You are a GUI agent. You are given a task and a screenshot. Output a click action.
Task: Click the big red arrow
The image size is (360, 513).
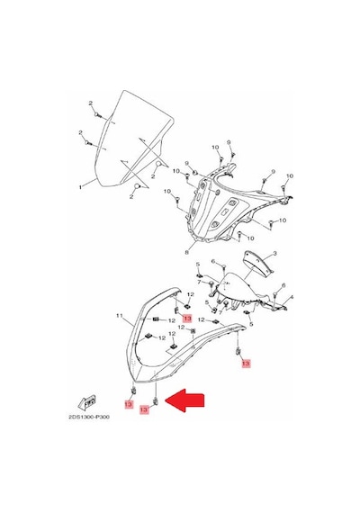pyautogui.click(x=184, y=400)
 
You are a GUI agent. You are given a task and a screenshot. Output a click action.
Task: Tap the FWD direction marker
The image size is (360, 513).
pyautogui.click(x=87, y=403)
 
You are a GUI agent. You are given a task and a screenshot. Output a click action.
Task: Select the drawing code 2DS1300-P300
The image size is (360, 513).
pyautogui.click(x=89, y=417)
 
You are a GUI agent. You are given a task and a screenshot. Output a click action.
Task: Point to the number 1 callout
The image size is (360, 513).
pyautogui.click(x=80, y=187)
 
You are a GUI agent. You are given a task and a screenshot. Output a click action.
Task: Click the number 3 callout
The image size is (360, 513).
pyautogui.click(x=274, y=254)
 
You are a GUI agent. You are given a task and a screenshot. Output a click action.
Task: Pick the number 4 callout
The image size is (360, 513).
pyautogui.click(x=292, y=297)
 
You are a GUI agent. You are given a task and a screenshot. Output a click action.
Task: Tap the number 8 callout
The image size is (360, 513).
pyautogui.click(x=187, y=252)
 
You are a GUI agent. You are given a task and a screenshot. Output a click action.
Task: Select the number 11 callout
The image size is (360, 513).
pyautogui.click(x=120, y=316)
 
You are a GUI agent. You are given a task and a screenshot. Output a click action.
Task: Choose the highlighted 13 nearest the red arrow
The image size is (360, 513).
pyautogui.click(x=144, y=409)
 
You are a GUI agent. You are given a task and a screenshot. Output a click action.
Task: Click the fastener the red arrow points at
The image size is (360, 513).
pyautogui.click(x=156, y=401)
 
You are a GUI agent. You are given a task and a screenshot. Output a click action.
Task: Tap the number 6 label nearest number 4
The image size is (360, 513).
pyautogui.click(x=283, y=285)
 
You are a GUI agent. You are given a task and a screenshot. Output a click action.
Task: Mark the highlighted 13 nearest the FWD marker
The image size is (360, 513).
pyautogui.click(x=129, y=404)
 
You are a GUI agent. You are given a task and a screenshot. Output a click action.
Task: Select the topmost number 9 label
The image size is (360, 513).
pyautogui.click(x=229, y=142)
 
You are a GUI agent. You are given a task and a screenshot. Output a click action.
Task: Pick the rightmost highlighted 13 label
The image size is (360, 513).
pyautogui.click(x=246, y=364)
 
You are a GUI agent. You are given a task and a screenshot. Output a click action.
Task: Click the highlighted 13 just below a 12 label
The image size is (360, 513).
pyautogui.click(x=187, y=318)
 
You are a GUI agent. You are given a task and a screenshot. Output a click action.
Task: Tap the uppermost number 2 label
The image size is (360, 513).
pyautogui.click(x=91, y=103)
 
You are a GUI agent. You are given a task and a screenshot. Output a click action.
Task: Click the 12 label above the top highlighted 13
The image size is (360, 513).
pyautogui.click(x=191, y=295)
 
